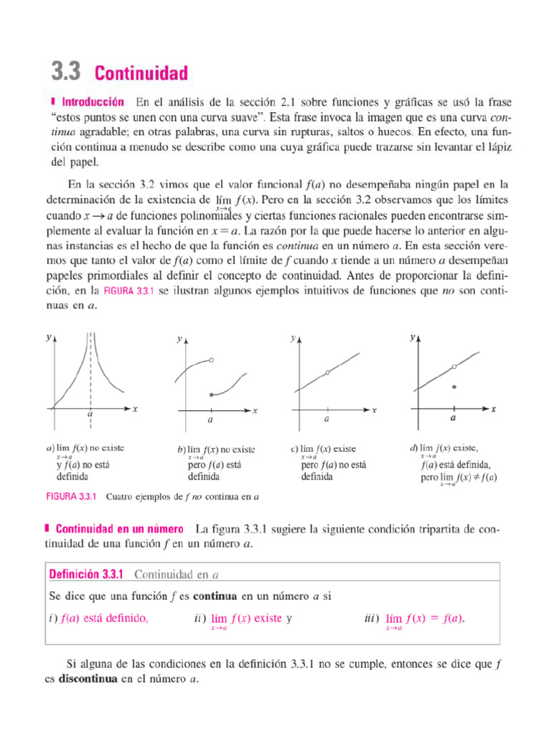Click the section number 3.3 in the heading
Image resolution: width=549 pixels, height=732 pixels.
pos(66,72)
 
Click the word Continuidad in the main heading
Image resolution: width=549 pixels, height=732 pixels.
pos(141,73)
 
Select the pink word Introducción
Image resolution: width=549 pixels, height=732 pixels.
pos(92,102)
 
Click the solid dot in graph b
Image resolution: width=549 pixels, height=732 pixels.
pos(210,395)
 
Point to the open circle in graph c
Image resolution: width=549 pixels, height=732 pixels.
pos(327,372)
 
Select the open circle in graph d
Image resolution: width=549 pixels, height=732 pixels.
pos(454,367)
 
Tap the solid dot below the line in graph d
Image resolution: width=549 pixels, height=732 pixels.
pos(454,387)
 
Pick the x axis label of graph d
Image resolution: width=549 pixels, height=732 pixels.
pos(493,409)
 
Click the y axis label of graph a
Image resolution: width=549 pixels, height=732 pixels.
pos(48,339)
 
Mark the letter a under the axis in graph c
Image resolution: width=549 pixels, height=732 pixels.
pos(327,420)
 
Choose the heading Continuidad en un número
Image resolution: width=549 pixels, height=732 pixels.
pos(119,530)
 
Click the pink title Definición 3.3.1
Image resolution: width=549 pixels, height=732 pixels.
pos(86,573)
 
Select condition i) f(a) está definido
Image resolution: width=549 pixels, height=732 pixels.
pos(99,618)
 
